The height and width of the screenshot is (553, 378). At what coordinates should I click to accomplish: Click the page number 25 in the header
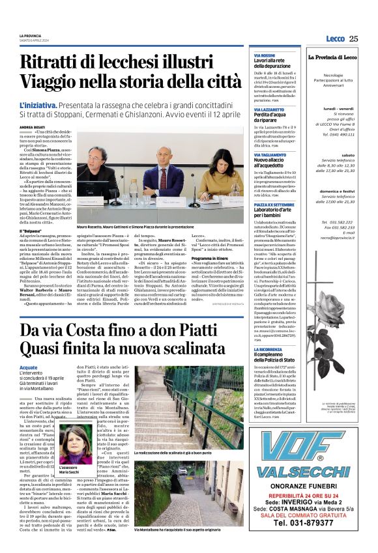353,38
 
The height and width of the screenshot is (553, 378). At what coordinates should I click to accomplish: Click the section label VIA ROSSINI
264,56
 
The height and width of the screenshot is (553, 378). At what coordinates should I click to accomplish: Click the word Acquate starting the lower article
29,367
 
